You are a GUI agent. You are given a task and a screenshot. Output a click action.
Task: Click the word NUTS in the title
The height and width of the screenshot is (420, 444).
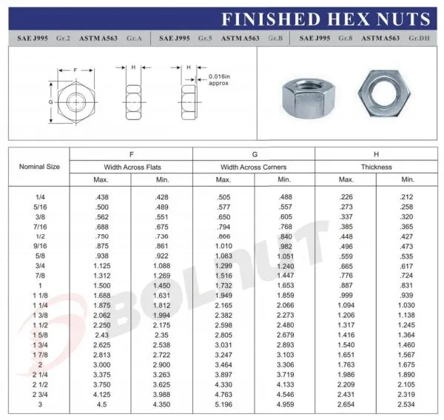click(403, 19)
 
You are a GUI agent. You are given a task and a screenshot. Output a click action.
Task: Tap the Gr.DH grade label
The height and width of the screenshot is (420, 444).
click(419, 38)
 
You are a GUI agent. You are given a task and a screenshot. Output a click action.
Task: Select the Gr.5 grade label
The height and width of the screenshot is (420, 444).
click(205, 38)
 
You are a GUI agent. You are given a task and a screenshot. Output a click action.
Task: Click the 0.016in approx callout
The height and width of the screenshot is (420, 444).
click(219, 80)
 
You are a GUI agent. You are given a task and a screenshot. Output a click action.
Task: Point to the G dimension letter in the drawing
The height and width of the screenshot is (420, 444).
click(50, 102)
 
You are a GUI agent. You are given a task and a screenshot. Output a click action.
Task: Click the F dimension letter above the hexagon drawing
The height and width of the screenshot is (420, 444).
click(75, 70)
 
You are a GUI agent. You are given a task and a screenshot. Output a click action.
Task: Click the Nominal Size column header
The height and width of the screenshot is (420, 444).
click(39, 167)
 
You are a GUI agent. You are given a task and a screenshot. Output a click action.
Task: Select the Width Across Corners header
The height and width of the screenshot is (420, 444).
click(253, 167)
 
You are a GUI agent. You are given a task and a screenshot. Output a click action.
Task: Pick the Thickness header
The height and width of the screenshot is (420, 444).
click(377, 167)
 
